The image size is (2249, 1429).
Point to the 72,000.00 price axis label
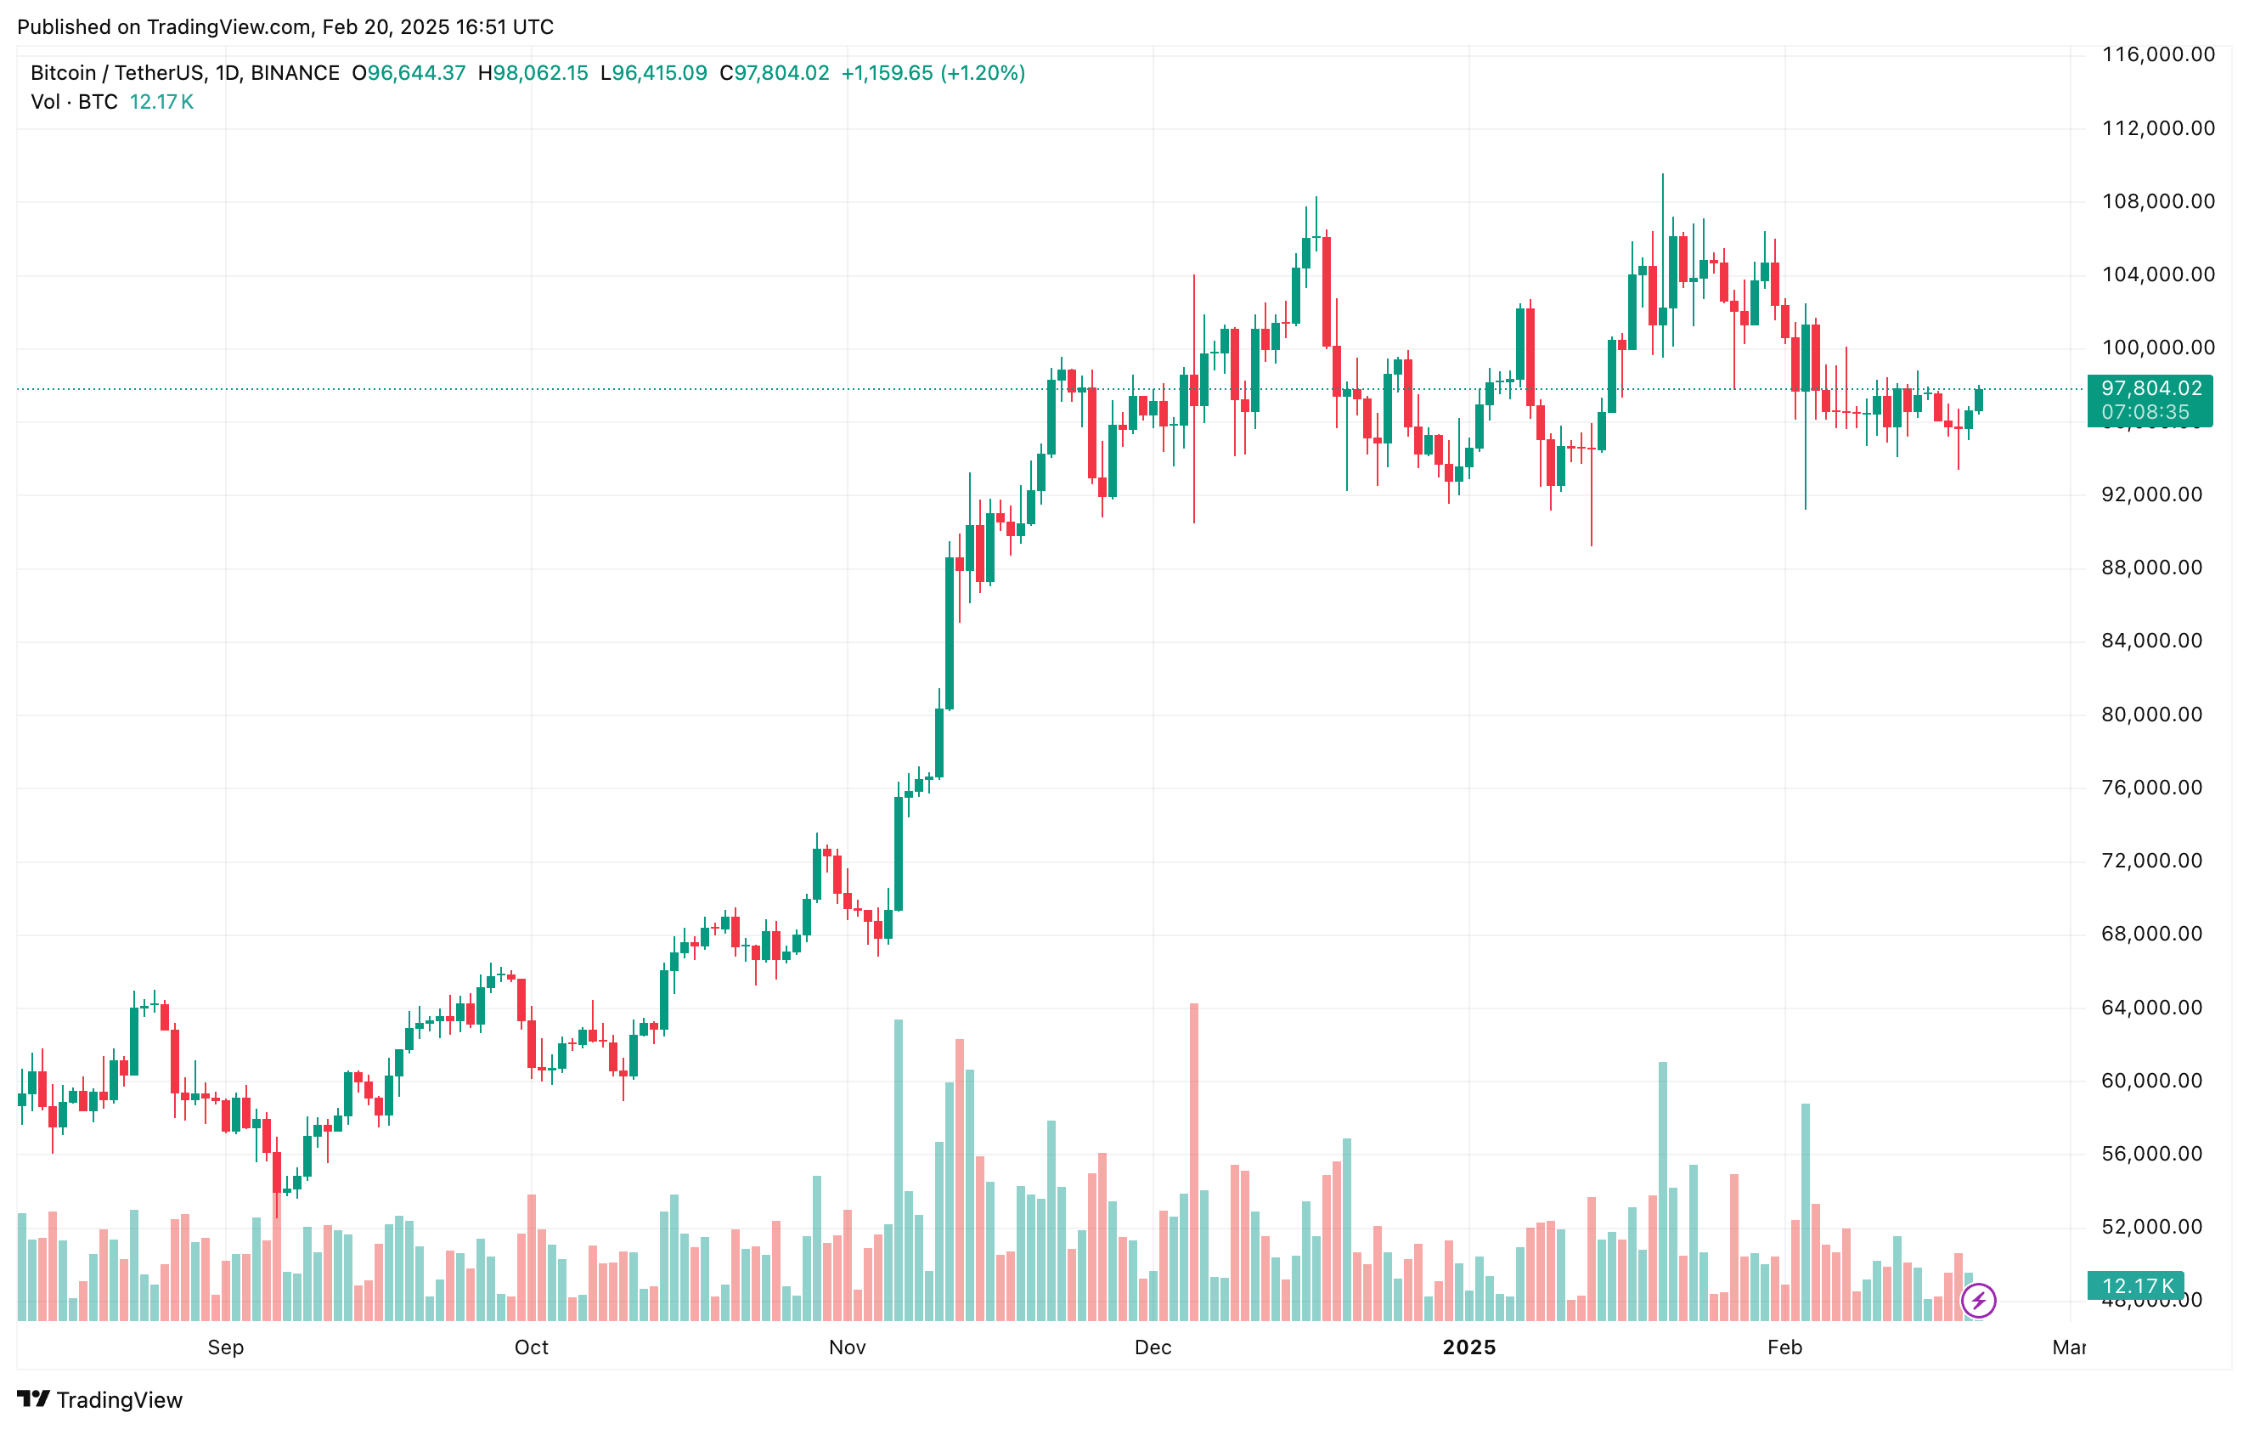[2152, 860]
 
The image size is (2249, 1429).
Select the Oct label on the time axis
[532, 1347]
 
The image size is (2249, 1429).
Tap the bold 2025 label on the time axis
[1469, 1347]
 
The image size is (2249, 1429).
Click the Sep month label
[225, 1347]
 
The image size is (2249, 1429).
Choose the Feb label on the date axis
[1784, 1347]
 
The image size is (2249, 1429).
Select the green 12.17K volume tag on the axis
[2137, 1286]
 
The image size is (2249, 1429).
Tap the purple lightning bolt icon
[1978, 1300]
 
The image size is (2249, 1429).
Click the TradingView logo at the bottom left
[100, 1399]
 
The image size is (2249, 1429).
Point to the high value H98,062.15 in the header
[533, 73]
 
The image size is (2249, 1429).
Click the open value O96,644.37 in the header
[409, 73]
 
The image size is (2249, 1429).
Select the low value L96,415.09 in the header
[654, 73]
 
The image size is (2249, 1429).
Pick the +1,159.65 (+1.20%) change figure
[933, 73]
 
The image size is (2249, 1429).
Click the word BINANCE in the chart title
[295, 73]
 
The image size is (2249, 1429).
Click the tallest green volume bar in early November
[899, 1167]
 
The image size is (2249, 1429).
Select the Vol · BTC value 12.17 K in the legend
[161, 102]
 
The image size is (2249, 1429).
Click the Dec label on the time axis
[1153, 1347]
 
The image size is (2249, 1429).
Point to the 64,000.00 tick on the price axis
[2152, 1007]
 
